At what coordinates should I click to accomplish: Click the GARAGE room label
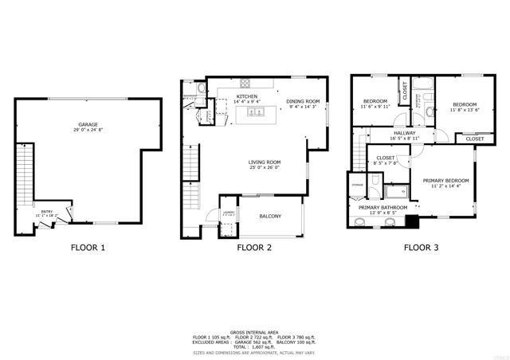click(x=88, y=125)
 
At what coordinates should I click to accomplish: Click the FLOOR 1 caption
click(x=88, y=248)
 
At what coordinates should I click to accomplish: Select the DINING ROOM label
click(x=303, y=101)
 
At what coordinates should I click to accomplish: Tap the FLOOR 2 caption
click(x=254, y=248)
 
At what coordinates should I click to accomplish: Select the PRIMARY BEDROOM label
click(x=445, y=181)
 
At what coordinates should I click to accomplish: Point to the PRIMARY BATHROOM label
click(x=378, y=208)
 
